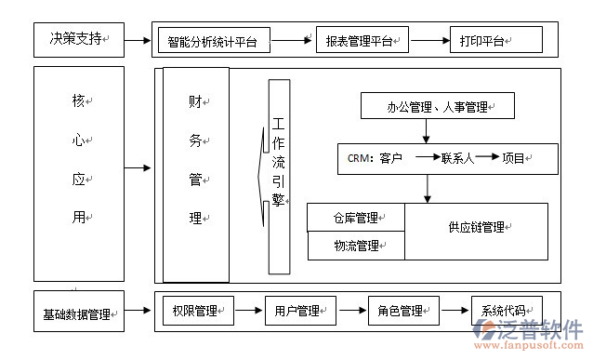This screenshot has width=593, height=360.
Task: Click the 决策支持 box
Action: pyautogui.click(x=79, y=40)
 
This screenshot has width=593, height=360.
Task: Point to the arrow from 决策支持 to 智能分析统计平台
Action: pyautogui.click(x=138, y=41)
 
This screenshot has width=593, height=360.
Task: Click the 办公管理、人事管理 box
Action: pyautogui.click(x=437, y=108)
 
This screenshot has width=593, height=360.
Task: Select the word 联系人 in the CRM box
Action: pyautogui.click(x=458, y=158)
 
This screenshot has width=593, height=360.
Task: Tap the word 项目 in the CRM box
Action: pyautogui.click(x=514, y=158)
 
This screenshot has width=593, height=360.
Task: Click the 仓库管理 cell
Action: pyautogui.click(x=356, y=219)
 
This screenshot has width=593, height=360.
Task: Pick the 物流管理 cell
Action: pyautogui.click(x=356, y=246)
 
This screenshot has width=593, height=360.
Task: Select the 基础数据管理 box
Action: pyautogui.click(x=78, y=313)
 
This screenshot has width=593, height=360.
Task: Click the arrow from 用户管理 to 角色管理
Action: pyautogui.click(x=349, y=311)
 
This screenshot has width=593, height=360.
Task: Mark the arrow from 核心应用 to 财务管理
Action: pyautogui.click(x=138, y=168)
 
